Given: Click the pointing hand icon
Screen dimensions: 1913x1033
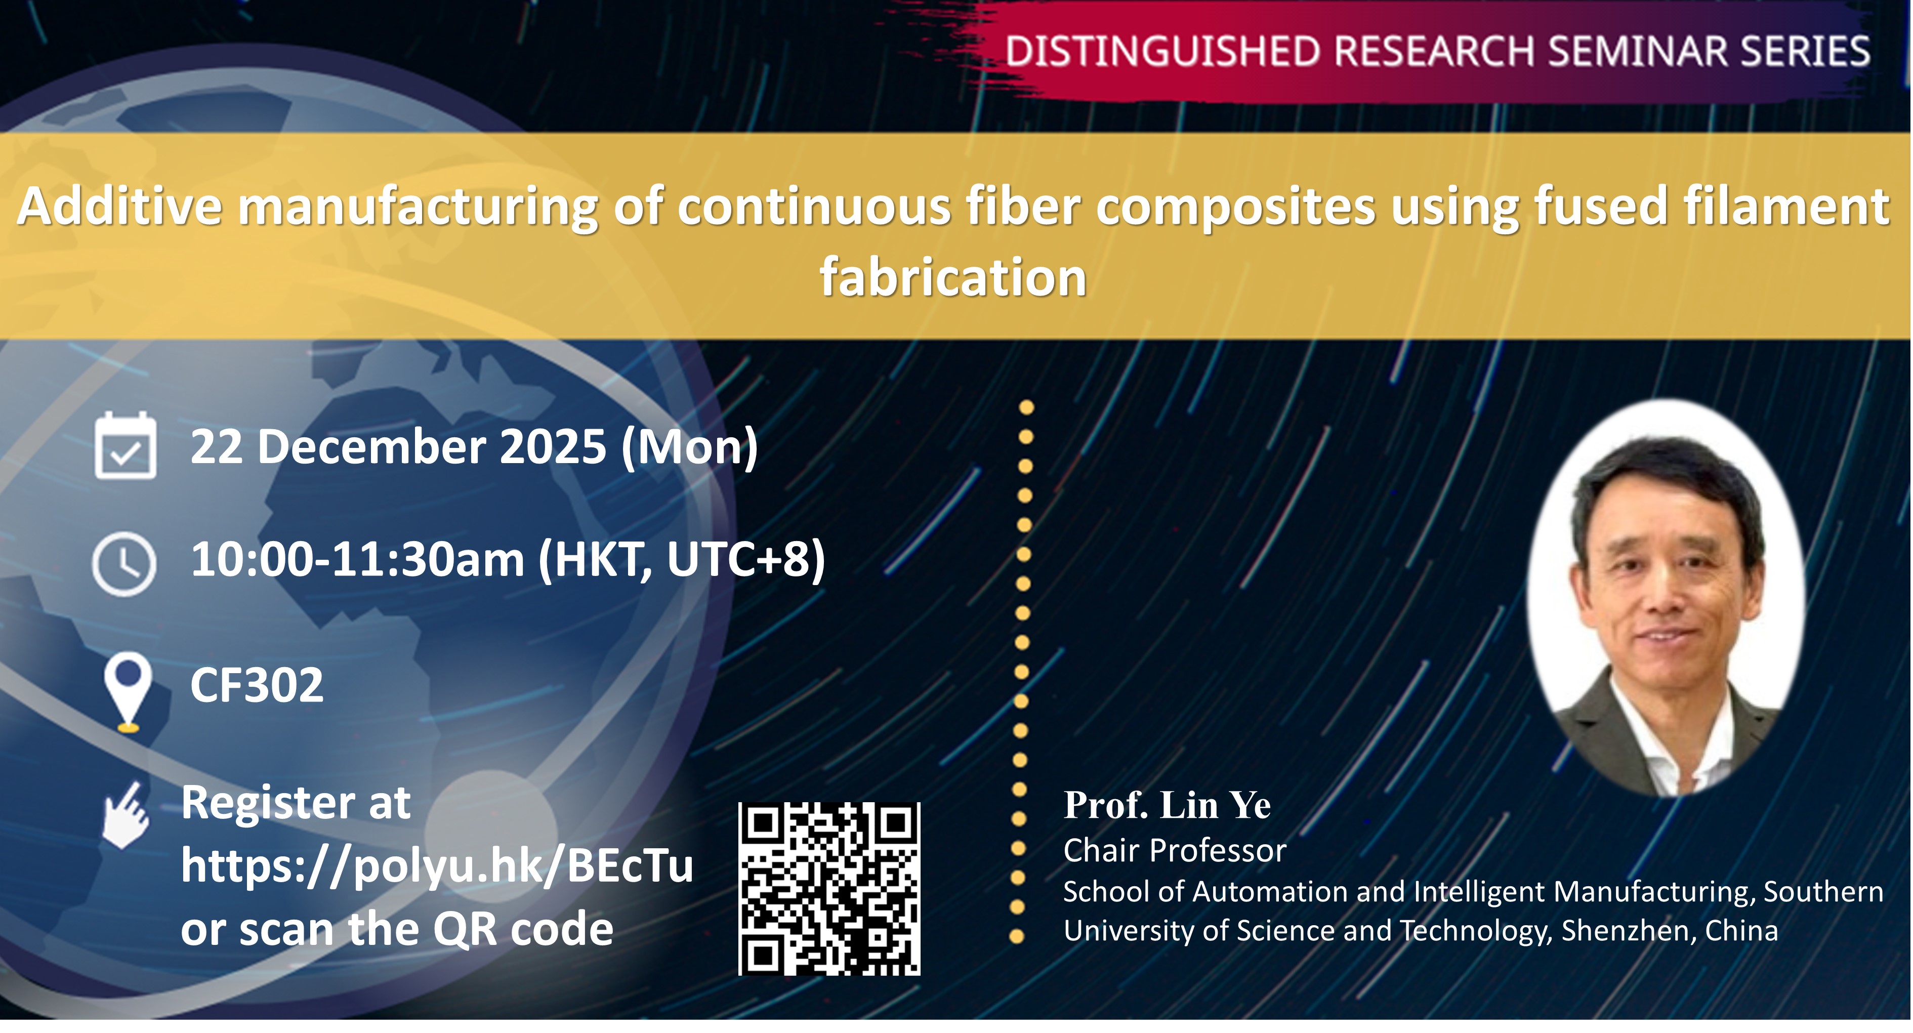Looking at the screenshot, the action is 126,815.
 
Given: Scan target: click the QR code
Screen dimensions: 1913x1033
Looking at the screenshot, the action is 829,889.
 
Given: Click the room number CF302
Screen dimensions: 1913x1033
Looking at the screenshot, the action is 257,685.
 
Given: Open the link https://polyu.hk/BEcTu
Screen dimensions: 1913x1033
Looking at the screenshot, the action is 437,866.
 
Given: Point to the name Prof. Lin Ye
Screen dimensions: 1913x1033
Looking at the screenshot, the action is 1167,805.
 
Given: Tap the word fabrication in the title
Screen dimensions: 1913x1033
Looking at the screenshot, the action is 953,277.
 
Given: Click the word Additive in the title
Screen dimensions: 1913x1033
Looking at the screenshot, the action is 119,206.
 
